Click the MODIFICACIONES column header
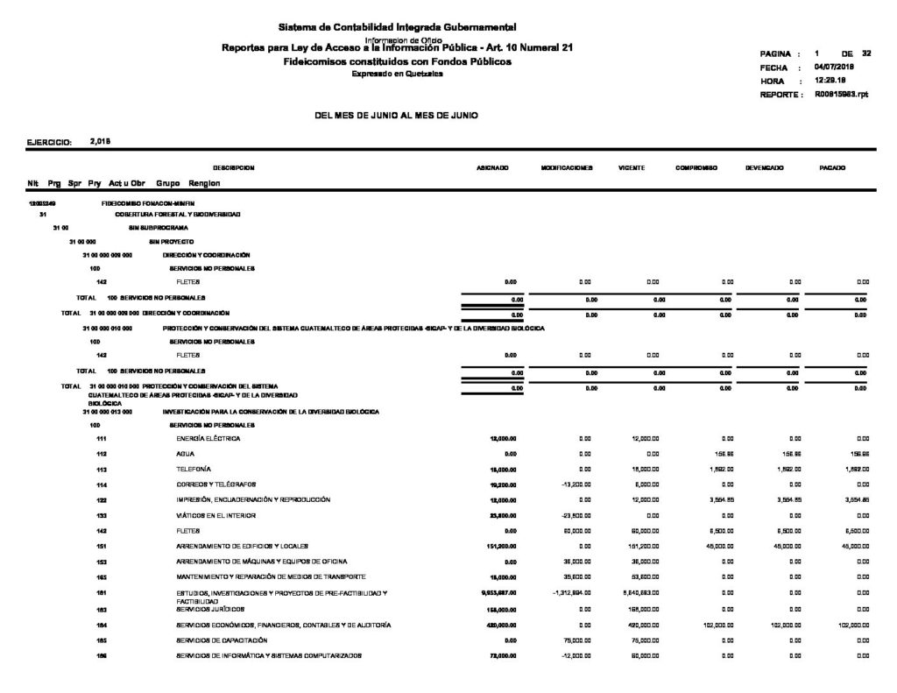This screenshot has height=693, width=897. pyautogui.click(x=567, y=166)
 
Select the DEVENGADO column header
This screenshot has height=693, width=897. pyautogui.click(x=764, y=166)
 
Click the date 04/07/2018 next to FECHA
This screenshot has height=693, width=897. pyautogui.click(x=834, y=67)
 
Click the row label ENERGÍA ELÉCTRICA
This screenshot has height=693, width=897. pyautogui.click(x=208, y=438)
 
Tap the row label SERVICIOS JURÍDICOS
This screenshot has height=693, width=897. pyautogui.click(x=210, y=609)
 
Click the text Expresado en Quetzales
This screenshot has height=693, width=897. pyautogui.click(x=397, y=74)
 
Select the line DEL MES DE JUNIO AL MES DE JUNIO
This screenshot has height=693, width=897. pyautogui.click(x=396, y=116)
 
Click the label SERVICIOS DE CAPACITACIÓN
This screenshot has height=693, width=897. pyautogui.click(x=222, y=640)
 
